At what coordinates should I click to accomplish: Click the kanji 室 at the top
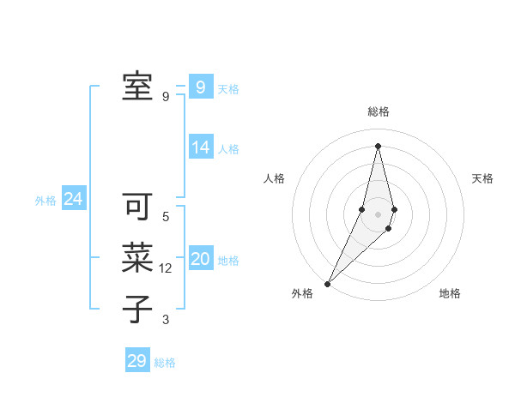coord(136,86)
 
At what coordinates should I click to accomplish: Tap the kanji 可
coord(136,207)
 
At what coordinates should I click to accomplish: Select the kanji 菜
coord(136,258)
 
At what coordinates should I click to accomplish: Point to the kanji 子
coord(136,309)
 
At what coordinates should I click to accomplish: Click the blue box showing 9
coord(200,87)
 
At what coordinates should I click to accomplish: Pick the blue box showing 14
coord(201,147)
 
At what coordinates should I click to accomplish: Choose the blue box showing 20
coord(201,259)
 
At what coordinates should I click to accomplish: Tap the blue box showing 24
coord(73,199)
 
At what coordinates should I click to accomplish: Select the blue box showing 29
coord(136,360)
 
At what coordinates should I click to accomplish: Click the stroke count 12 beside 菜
coord(166,268)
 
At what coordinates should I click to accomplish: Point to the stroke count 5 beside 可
coord(166,217)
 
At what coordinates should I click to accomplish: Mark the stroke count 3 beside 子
coord(166,320)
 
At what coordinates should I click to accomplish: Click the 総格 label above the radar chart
coord(378,111)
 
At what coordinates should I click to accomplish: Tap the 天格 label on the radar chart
coord(482,178)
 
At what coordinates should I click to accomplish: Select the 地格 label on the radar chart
coord(450,293)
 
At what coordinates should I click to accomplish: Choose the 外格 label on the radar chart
coord(302,293)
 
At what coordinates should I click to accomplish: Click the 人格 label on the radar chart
coord(274,178)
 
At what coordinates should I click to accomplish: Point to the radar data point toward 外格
coord(328,283)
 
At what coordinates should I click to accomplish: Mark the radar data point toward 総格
coord(378,146)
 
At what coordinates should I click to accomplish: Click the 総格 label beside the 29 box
coord(165,363)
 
